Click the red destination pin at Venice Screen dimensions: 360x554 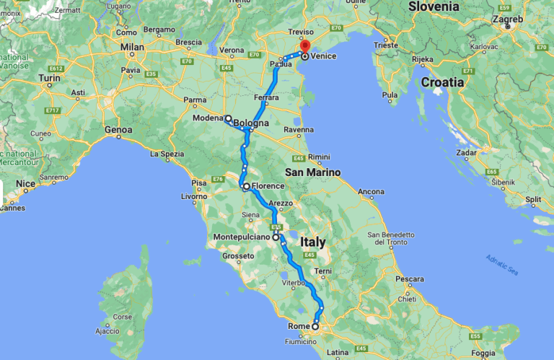tap(305, 49)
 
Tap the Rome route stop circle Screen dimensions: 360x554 tap(315, 327)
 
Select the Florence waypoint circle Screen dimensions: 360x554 tap(246, 186)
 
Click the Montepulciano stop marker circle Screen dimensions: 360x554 tap(276, 237)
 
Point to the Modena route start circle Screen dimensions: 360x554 tap(228, 118)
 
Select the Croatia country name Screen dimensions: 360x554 tap(442, 82)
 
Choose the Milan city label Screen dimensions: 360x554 tap(133, 47)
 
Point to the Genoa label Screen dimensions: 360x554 tap(119, 130)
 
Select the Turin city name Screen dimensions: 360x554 tap(49, 77)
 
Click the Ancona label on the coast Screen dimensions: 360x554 tap(371, 191)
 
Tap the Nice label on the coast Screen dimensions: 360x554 tap(25, 184)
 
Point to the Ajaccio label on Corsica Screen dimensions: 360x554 tap(105, 332)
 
